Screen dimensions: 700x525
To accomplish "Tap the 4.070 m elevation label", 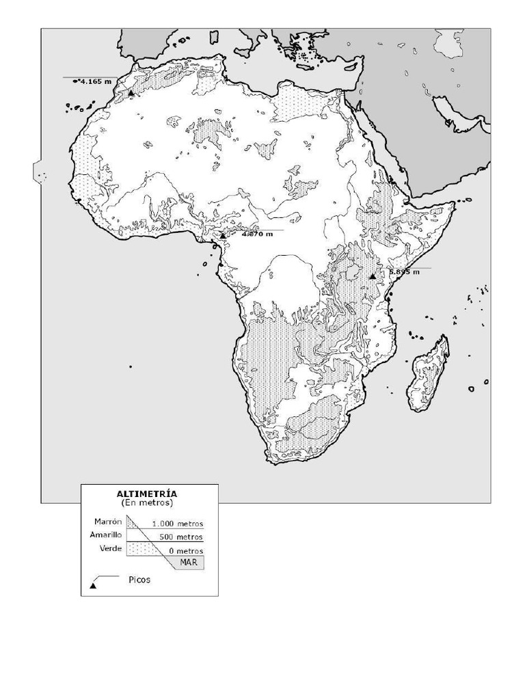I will pos(258,234).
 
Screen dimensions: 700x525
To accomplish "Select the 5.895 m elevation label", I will pos(404,271).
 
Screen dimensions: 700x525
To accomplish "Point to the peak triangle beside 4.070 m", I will pos(222,236).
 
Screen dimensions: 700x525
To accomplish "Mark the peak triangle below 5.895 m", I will pos(372,276).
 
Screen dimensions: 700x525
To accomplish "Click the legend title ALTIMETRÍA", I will pos(147,493).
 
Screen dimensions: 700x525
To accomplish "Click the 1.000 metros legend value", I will pos(178,524).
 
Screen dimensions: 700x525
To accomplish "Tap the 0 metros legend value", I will pos(186,550).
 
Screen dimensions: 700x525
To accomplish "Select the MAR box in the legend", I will pos(189,562).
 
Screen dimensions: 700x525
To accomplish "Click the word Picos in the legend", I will pos(139,580).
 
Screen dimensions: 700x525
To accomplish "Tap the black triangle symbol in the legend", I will pos(93,585).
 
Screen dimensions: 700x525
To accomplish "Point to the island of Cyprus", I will pos(350,66).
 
